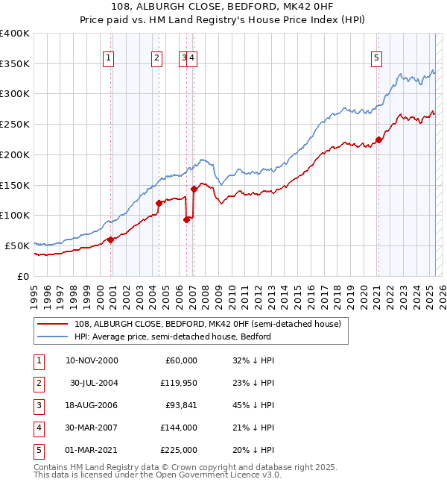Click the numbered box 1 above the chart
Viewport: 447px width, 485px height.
click(x=108, y=57)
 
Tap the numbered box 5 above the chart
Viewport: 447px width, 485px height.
click(x=377, y=57)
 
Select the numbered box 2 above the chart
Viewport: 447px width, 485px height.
click(x=157, y=57)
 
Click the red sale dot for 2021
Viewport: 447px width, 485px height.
click(x=378, y=140)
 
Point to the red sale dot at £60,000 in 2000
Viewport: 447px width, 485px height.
click(x=110, y=240)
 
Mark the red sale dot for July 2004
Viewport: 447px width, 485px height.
click(x=159, y=203)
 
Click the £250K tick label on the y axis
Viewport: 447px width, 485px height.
click(x=15, y=124)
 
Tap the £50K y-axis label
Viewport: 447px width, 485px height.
click(x=18, y=245)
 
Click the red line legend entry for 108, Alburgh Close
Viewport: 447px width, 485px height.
click(x=207, y=324)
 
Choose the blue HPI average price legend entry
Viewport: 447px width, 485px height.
click(x=172, y=337)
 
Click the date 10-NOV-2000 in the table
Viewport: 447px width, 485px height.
click(x=92, y=360)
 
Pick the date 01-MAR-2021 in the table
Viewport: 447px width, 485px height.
click(x=92, y=450)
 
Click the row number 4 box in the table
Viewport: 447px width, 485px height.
click(x=37, y=428)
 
